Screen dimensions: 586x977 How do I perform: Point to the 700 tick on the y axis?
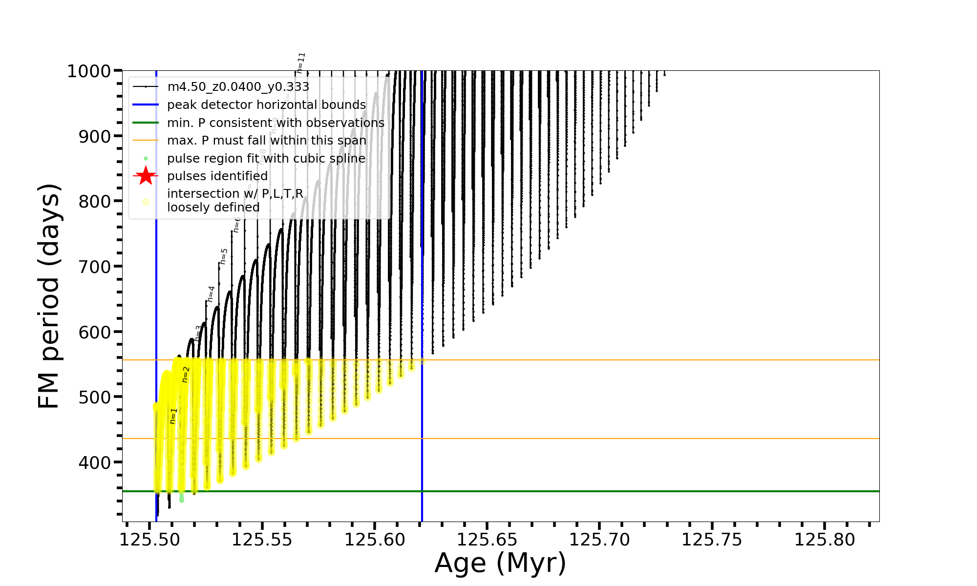pyautogui.click(x=95, y=267)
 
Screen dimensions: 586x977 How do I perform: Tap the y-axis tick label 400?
pyautogui.click(x=95, y=462)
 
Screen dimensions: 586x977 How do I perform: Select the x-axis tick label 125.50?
pyautogui.click(x=149, y=540)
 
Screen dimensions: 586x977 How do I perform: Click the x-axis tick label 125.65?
pyautogui.click(x=487, y=540)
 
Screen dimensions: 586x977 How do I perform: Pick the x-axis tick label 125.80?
pyautogui.click(x=825, y=540)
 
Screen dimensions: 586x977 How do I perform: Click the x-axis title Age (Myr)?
pyautogui.click(x=500, y=563)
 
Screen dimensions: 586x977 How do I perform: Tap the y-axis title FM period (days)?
pyautogui.click(x=49, y=296)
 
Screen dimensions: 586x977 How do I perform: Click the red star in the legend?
pyautogui.click(x=146, y=176)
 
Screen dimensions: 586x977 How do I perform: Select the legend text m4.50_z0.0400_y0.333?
pyautogui.click(x=238, y=87)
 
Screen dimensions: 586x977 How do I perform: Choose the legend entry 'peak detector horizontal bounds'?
pyautogui.click(x=266, y=105)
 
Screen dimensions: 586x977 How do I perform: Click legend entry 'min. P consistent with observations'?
pyautogui.click(x=276, y=123)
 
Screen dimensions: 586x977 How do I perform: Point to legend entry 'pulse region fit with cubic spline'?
pyautogui.click(x=266, y=159)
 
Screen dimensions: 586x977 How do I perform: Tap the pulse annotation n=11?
pyautogui.click(x=301, y=63)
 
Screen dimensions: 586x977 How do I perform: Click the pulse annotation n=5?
pyautogui.click(x=224, y=256)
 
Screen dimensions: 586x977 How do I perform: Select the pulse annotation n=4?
pyautogui.click(x=211, y=294)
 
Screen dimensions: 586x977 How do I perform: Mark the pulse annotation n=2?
pyautogui.click(x=186, y=375)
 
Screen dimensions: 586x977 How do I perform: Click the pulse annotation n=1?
pyautogui.click(x=173, y=416)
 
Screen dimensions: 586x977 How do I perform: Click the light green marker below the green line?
pyautogui.click(x=182, y=499)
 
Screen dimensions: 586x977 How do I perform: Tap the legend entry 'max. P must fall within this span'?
pyautogui.click(x=266, y=141)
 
